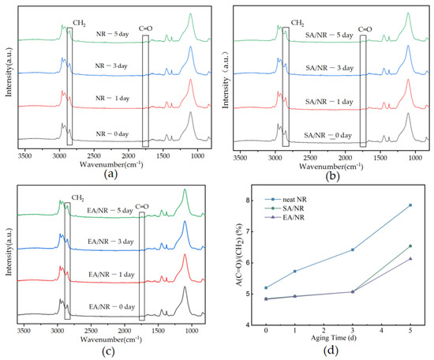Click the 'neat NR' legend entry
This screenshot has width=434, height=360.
(290, 208)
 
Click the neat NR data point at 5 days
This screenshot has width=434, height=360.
(410, 205)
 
